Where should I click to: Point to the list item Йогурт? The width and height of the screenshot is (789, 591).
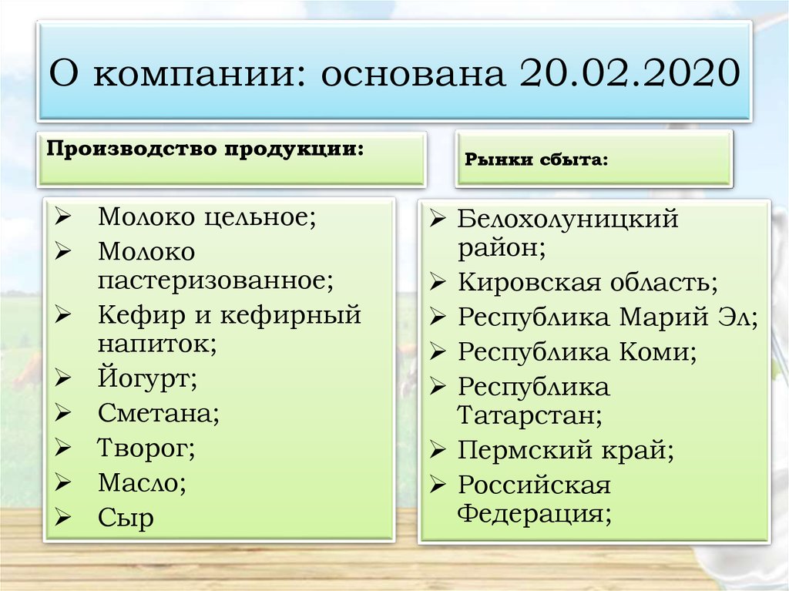point(147,378)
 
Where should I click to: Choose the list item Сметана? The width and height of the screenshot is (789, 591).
point(159,414)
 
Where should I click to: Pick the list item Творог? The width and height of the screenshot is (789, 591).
point(146,448)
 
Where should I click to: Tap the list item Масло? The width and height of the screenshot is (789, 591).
point(142,483)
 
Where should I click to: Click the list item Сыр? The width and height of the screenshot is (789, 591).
point(126,518)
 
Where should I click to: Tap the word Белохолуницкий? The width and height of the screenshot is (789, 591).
point(568,219)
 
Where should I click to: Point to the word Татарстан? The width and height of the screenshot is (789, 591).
point(530,415)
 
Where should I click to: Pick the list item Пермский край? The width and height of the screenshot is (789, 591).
point(566,450)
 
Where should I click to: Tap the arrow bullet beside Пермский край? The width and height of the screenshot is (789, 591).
point(438,449)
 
